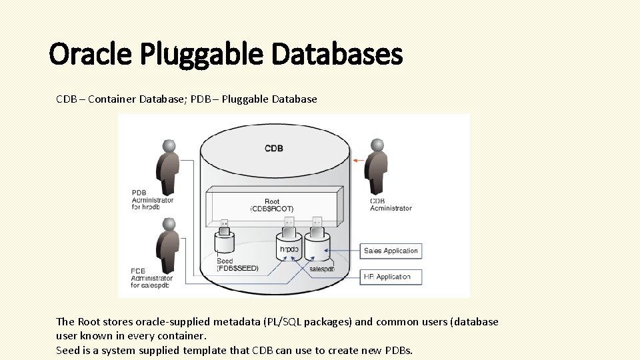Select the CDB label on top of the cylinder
pyautogui.click(x=274, y=148)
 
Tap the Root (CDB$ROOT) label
pyautogui.click(x=272, y=205)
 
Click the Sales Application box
pyautogui.click(x=391, y=251)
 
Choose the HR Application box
pyautogui.click(x=391, y=276)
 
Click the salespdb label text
pyautogui.click(x=322, y=269)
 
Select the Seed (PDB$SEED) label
pyautogui.click(x=237, y=265)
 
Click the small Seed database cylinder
pyautogui.click(x=225, y=241)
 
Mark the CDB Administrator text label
pyautogui.click(x=391, y=205)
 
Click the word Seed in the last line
pyautogui.click(x=68, y=350)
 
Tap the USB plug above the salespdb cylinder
pyautogui.click(x=316, y=223)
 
